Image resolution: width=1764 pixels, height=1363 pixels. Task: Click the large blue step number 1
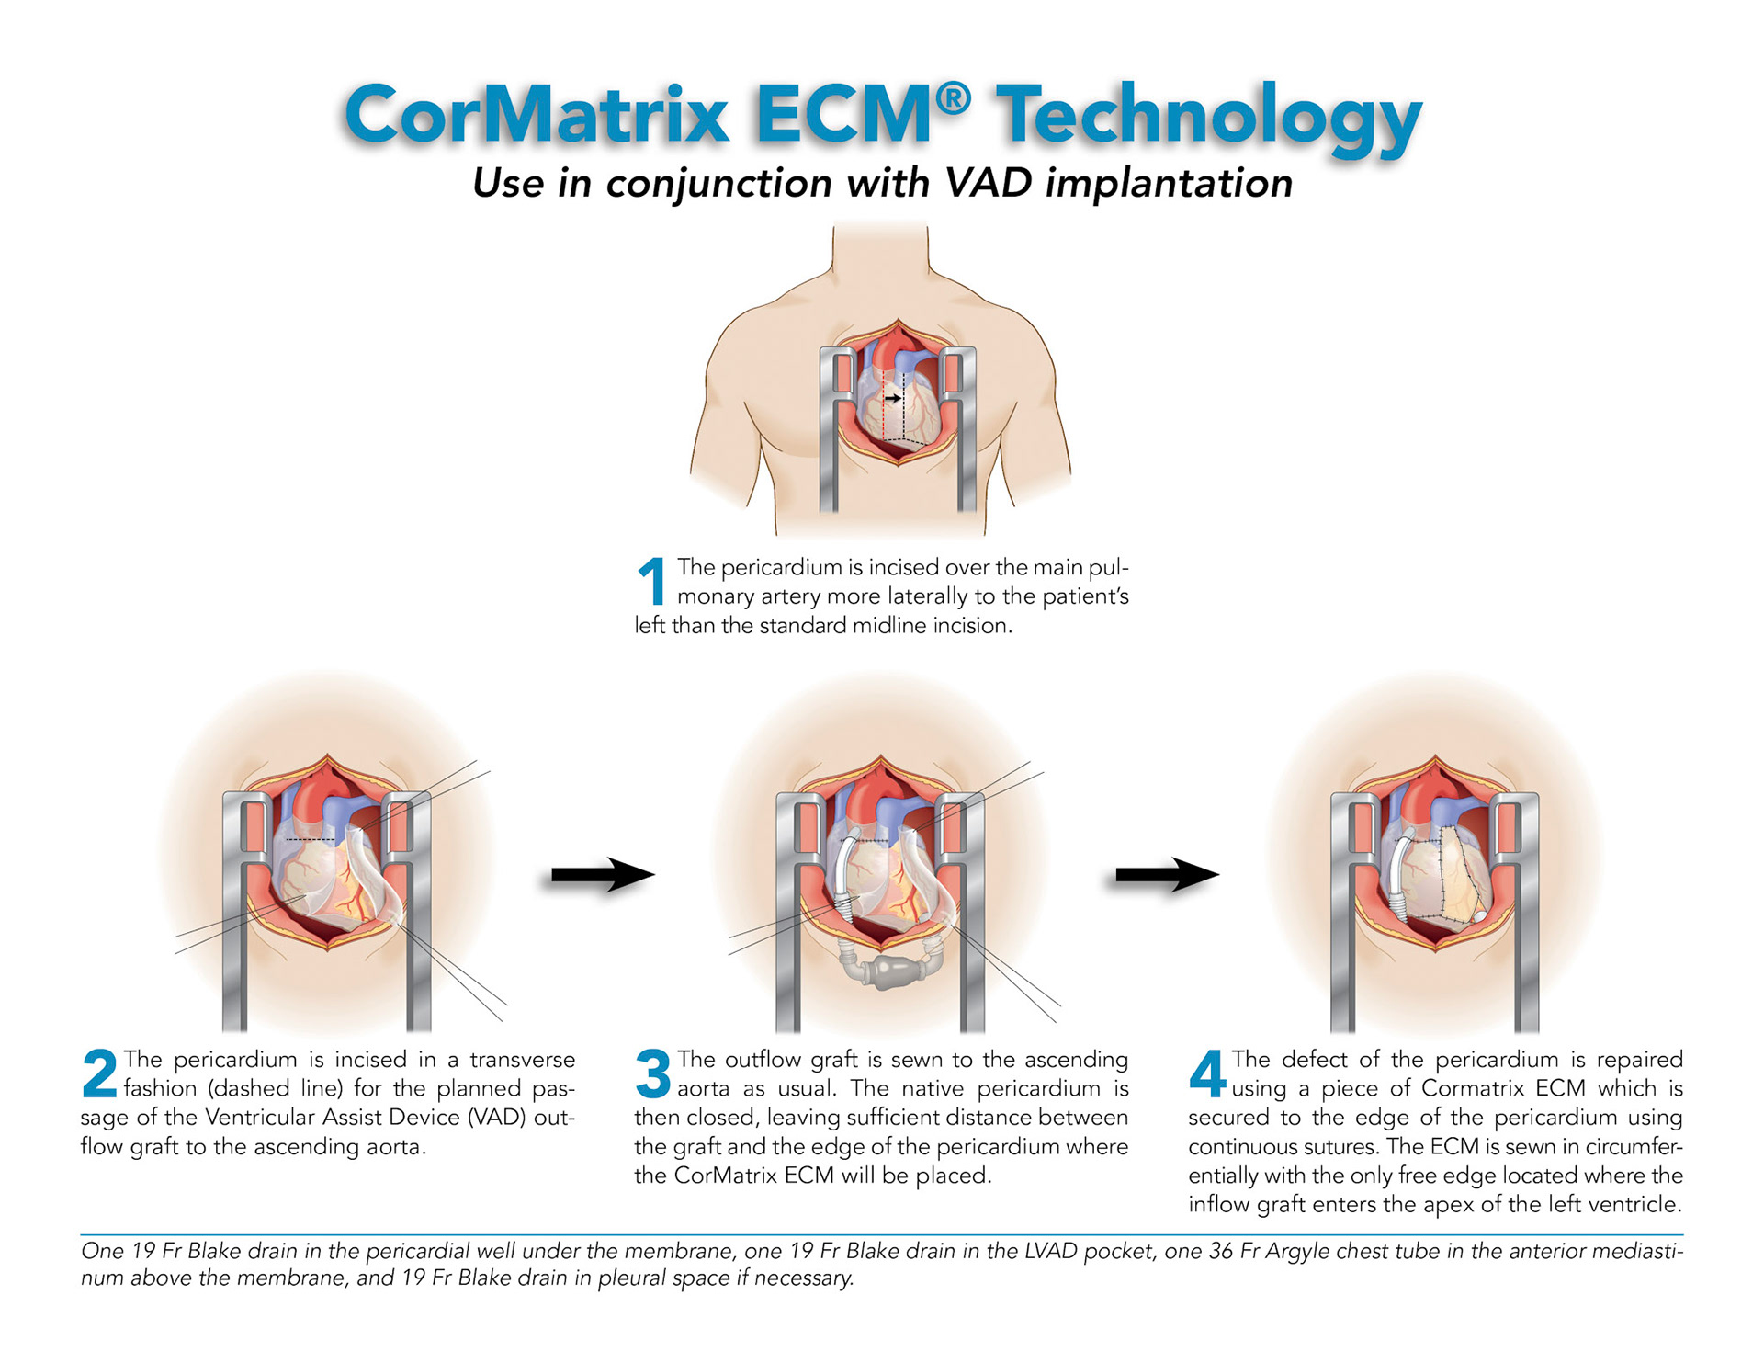[x=652, y=581]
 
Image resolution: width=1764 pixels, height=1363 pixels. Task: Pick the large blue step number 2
[x=99, y=1073]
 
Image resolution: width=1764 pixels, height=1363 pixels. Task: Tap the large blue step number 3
[x=653, y=1073]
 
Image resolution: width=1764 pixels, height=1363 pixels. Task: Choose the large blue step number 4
[x=1207, y=1073]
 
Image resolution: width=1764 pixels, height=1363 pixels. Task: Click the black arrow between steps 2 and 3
[x=602, y=875]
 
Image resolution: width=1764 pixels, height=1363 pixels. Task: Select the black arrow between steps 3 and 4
[x=1166, y=875]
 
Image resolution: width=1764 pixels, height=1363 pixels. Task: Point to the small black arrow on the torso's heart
[x=892, y=399]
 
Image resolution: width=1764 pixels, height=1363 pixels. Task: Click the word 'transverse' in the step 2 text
[x=522, y=1060]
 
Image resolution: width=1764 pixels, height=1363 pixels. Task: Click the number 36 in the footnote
[x=1221, y=1252]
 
